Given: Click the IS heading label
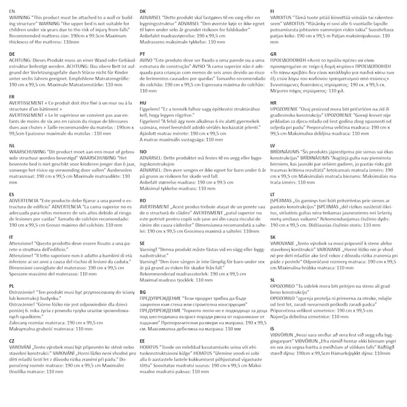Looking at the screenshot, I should [x=272, y=329].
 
